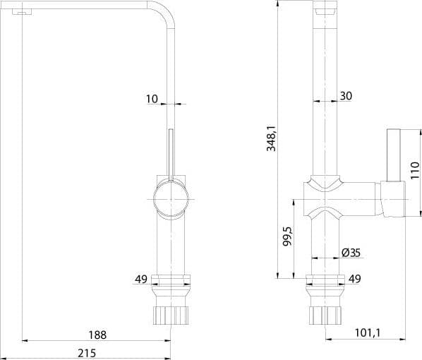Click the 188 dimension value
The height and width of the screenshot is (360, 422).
(x=97, y=335)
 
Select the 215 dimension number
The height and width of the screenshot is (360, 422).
(x=87, y=353)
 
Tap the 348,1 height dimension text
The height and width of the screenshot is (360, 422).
(x=271, y=138)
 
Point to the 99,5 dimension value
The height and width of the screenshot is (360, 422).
(x=287, y=236)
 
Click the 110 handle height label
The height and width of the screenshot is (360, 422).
(x=415, y=170)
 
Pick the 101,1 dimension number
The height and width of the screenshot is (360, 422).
(x=368, y=332)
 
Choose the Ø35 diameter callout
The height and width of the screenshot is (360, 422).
(x=351, y=253)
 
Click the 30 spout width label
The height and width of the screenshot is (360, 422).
(x=346, y=96)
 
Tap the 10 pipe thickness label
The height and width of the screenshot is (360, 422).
(x=152, y=99)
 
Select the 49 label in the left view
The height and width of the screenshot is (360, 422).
(x=141, y=280)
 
